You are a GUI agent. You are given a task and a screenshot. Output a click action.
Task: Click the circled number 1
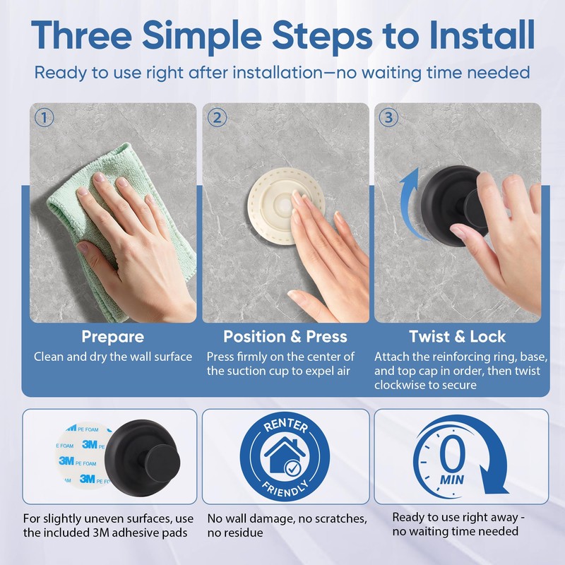click(x=44, y=117)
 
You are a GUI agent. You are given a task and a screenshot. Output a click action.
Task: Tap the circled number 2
click(x=218, y=117)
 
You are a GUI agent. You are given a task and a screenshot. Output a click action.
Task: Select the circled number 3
click(x=389, y=117)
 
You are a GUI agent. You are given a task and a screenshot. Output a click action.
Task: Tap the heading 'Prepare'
click(x=113, y=337)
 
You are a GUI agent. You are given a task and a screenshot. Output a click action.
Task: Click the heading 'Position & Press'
click(x=285, y=337)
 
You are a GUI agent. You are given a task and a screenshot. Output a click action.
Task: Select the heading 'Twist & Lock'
click(x=457, y=337)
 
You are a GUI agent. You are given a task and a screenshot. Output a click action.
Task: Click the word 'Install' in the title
click(x=482, y=35)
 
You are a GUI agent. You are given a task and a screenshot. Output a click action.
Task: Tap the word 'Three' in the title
click(x=81, y=35)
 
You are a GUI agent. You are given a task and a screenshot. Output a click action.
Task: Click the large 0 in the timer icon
click(x=452, y=453)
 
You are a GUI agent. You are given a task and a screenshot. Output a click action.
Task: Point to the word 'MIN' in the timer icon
click(x=452, y=480)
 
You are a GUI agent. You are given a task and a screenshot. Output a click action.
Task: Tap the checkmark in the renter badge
click(x=292, y=468)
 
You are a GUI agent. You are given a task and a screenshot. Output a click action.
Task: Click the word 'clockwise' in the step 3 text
click(x=399, y=385)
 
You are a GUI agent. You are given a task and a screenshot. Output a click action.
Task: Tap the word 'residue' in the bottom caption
click(x=235, y=533)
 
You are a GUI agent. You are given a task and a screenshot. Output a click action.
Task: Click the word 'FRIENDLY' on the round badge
click(x=285, y=488)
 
